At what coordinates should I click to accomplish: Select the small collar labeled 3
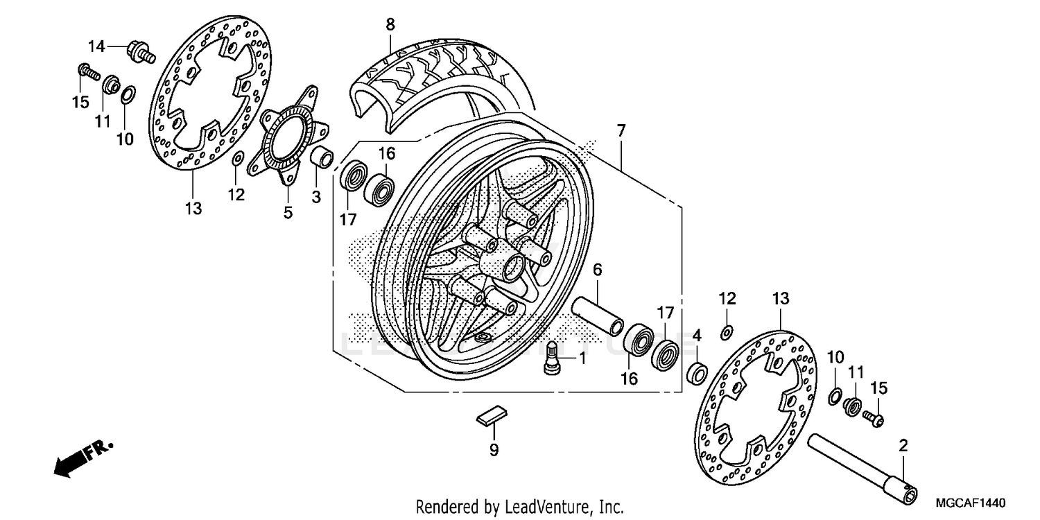pos(320,157)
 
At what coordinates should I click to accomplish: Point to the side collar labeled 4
pos(696,372)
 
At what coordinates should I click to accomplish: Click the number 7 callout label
pos(621,130)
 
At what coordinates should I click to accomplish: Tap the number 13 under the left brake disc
pos(193,207)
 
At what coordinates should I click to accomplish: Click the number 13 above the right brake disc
pos(781,299)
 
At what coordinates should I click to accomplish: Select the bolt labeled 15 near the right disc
pos(872,417)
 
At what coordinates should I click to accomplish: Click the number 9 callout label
pos(494,450)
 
